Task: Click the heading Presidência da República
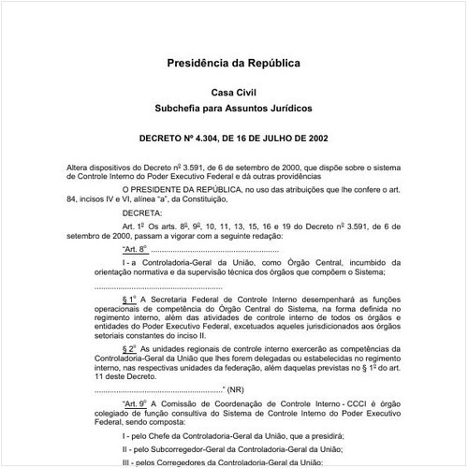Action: click(x=233, y=65)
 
